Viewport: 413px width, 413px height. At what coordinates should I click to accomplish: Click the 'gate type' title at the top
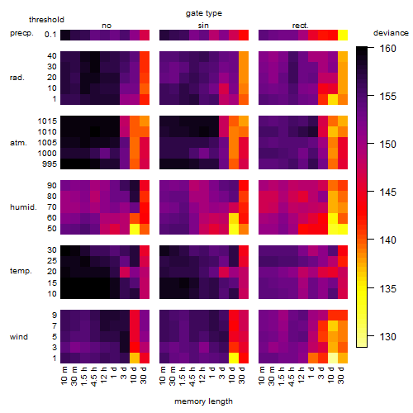click(204, 13)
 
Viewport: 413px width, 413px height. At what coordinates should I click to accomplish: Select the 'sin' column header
click(203, 26)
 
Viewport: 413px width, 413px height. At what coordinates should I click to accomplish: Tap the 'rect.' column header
click(300, 26)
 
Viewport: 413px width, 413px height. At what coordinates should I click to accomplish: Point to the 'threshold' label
click(46, 20)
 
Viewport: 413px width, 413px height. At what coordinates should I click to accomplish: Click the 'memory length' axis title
click(203, 401)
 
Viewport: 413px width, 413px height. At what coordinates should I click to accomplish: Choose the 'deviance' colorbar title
click(391, 33)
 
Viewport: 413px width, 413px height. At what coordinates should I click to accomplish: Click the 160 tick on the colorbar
click(387, 49)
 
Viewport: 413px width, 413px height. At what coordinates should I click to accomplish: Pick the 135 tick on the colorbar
click(387, 288)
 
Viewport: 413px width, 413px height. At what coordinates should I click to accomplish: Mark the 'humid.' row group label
click(23, 207)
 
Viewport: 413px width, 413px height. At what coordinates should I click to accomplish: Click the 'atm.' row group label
click(18, 143)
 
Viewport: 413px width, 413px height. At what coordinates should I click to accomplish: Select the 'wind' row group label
click(19, 337)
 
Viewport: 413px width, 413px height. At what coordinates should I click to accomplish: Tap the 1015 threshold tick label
click(47, 121)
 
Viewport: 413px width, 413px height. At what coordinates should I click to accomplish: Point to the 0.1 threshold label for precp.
click(50, 35)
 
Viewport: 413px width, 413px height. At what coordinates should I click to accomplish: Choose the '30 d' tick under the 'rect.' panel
click(342, 375)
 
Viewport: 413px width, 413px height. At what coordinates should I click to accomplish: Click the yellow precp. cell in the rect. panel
click(343, 35)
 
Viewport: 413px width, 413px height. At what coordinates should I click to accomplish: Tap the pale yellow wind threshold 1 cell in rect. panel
click(333, 358)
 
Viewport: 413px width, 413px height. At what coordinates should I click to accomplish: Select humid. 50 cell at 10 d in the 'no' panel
click(135, 229)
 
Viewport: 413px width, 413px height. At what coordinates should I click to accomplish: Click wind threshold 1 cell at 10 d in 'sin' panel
click(234, 358)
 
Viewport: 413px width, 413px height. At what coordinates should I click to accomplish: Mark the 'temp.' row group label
click(21, 271)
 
